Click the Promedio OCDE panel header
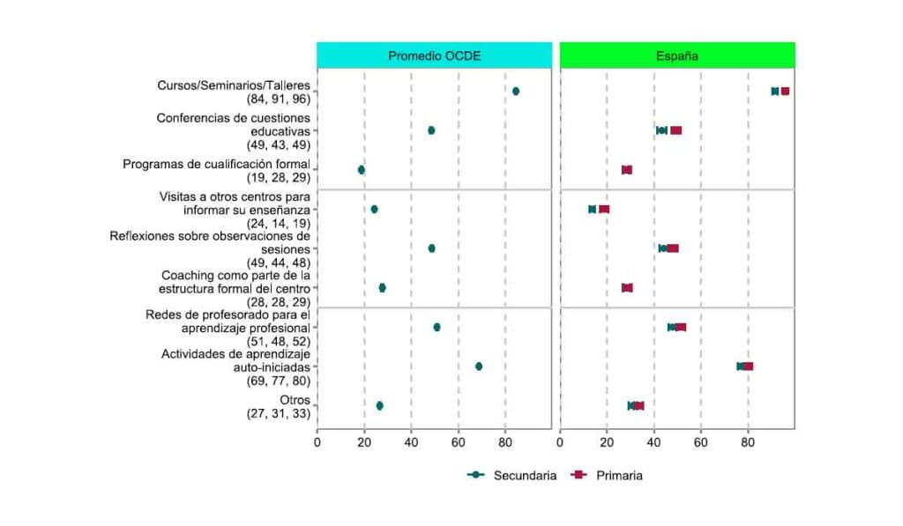point(436,56)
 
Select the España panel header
point(677,56)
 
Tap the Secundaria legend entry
point(512,476)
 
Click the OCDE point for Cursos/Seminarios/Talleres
point(516,92)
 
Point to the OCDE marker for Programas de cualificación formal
point(361,170)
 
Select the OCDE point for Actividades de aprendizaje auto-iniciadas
point(479,367)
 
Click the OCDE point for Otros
point(379,406)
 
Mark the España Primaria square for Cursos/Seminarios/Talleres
point(785,92)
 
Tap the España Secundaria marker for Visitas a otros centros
point(593,210)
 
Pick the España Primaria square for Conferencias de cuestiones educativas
point(675,130)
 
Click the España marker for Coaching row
point(627,288)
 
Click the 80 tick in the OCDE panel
point(504,443)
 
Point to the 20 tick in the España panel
point(607,443)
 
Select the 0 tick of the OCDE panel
point(317,443)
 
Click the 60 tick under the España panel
point(701,443)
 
